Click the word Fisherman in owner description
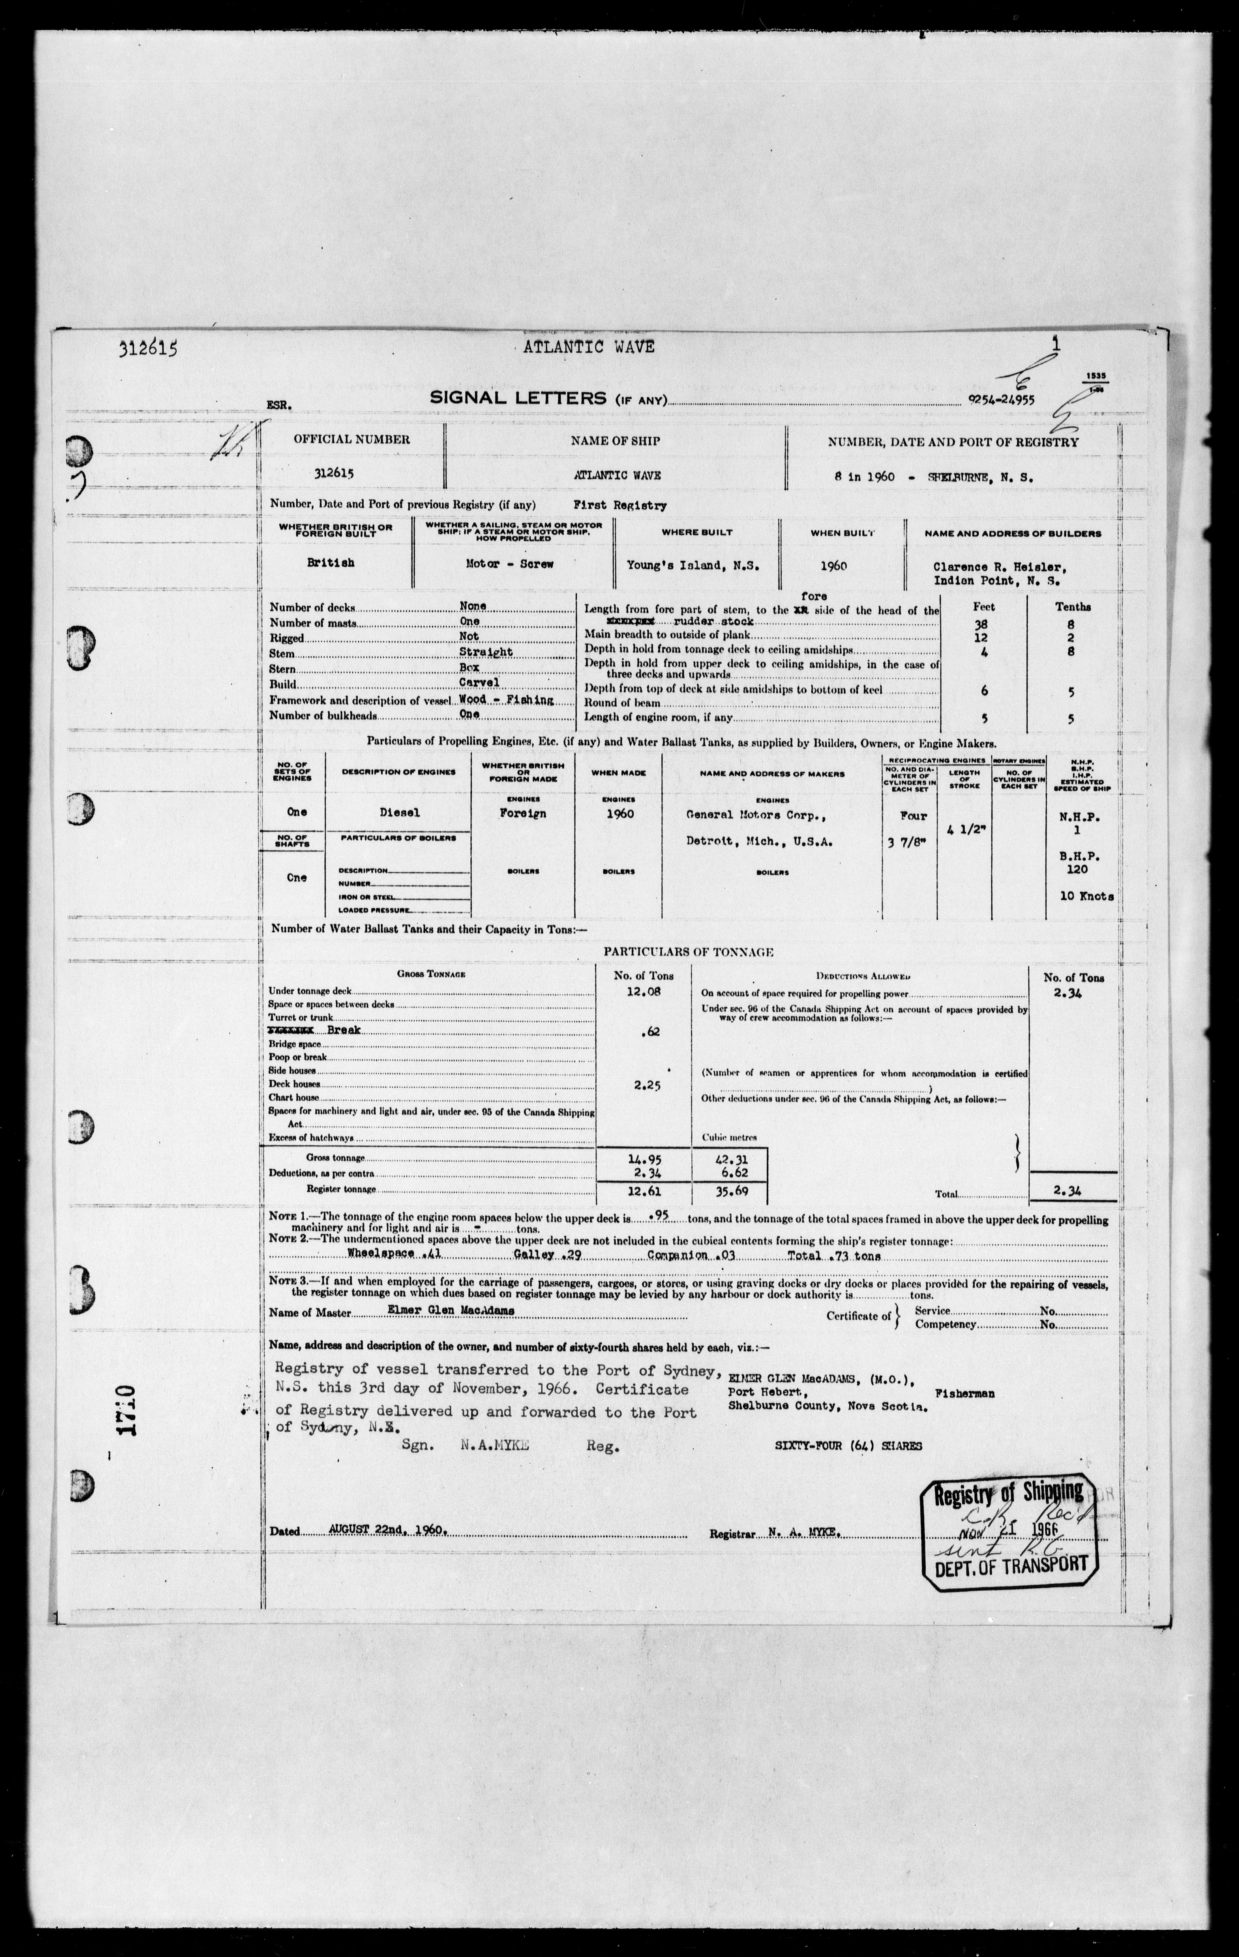965,1393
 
